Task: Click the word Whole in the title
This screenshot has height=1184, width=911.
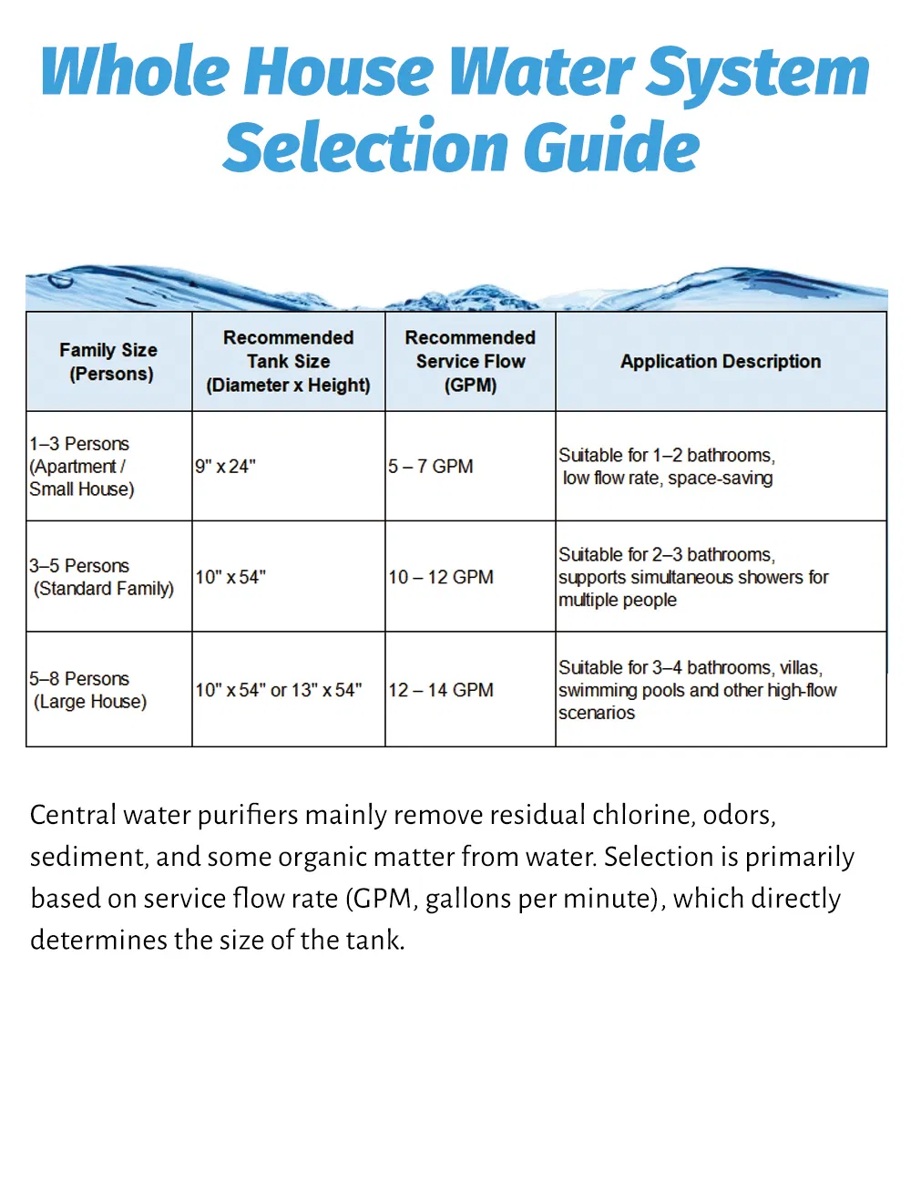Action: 135,71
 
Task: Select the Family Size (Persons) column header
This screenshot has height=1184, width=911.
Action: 108,362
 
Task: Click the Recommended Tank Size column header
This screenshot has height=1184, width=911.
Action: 288,361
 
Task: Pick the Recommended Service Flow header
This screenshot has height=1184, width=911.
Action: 470,361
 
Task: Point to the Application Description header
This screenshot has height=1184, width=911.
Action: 721,361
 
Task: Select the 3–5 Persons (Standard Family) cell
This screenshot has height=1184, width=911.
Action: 102,577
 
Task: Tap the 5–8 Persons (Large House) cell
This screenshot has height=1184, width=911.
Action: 88,690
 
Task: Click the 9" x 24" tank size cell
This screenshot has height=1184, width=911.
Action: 225,467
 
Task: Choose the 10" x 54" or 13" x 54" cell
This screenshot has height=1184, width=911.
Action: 278,690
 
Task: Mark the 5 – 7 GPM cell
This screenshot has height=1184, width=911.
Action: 431,467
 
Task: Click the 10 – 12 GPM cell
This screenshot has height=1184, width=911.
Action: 441,577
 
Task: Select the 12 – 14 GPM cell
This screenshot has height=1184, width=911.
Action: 441,690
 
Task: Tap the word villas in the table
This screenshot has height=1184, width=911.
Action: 801,668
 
